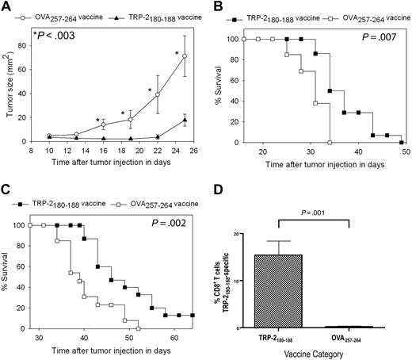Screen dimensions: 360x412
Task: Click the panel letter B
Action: pyautogui.click(x=216, y=7)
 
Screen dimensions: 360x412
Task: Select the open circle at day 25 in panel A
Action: pyautogui.click(x=185, y=56)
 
